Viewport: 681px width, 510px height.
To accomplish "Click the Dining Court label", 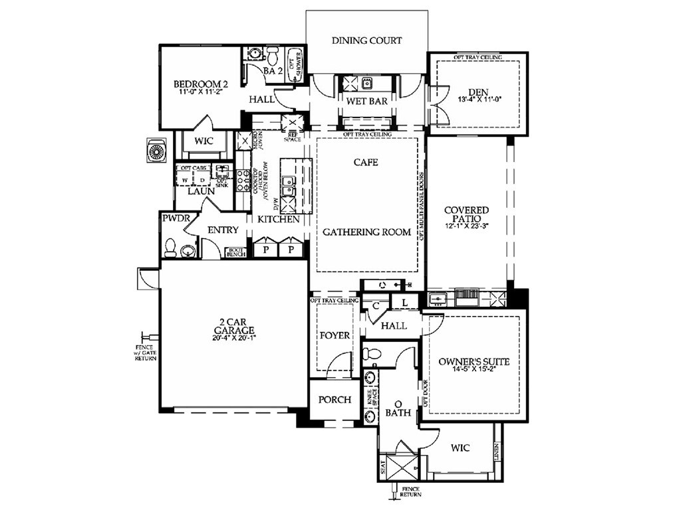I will tap(366, 41).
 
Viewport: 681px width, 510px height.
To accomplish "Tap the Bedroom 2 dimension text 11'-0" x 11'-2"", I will tap(200, 92).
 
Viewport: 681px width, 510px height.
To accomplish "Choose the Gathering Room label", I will tap(366, 232).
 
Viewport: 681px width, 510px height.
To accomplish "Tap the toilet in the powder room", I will tap(170, 248).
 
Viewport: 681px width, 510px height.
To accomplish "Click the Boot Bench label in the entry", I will tap(236, 252).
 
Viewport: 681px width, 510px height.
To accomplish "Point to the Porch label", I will tap(335, 400).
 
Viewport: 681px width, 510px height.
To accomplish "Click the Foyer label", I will tap(335, 335).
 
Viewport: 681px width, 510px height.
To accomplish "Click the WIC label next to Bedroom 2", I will tap(204, 141).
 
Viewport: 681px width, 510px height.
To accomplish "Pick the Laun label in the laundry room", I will tap(201, 191).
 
